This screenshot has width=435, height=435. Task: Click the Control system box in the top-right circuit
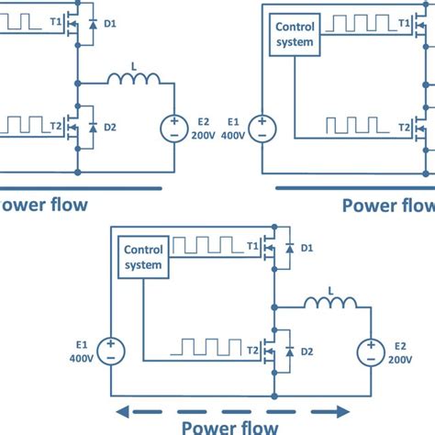[296, 34]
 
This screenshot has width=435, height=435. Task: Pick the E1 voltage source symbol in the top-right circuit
[262, 127]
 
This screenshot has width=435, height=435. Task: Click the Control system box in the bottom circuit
[143, 257]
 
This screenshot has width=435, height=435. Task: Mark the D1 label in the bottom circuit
[307, 248]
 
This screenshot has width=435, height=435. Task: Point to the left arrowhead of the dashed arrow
[118, 410]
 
